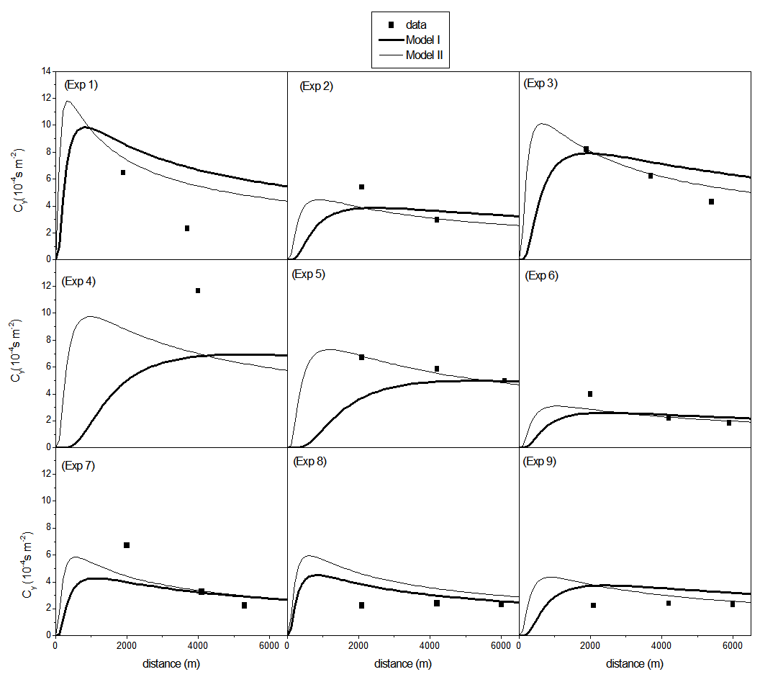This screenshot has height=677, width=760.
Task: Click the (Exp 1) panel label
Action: click(x=81, y=84)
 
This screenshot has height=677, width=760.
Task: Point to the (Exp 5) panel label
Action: click(x=309, y=274)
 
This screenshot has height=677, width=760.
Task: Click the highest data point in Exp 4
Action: click(x=198, y=290)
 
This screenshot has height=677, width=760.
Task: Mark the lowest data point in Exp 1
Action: click(x=187, y=228)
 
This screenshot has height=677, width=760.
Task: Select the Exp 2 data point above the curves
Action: click(x=362, y=187)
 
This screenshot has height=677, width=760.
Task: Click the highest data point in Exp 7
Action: click(x=127, y=545)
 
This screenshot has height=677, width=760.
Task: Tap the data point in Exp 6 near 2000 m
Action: click(x=590, y=394)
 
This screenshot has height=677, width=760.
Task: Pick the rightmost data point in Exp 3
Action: click(x=711, y=202)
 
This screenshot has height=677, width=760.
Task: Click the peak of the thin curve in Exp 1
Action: click(x=68, y=101)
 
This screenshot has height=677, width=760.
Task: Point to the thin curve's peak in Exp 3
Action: click(x=542, y=123)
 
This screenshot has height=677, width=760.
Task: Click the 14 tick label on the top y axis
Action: click(x=46, y=71)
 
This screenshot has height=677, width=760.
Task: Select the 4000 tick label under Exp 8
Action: click(x=430, y=645)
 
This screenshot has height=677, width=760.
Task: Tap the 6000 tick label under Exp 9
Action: click(x=732, y=645)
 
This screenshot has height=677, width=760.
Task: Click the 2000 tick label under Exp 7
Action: click(x=127, y=645)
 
